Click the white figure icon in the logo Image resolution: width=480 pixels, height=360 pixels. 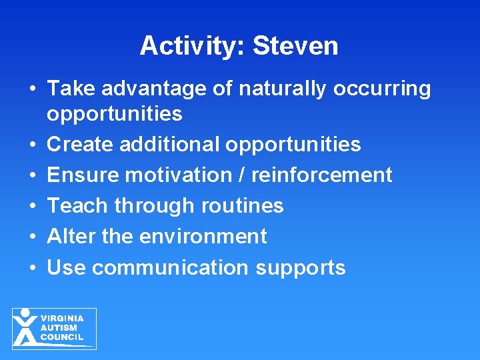[25, 327]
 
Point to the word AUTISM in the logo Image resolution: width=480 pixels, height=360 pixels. [59, 328]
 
